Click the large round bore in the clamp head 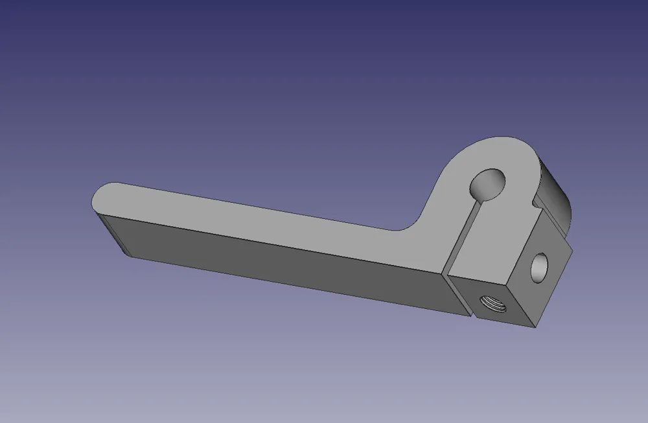point(489,183)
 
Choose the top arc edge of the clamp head point(499,139)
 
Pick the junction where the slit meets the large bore point(480,200)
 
